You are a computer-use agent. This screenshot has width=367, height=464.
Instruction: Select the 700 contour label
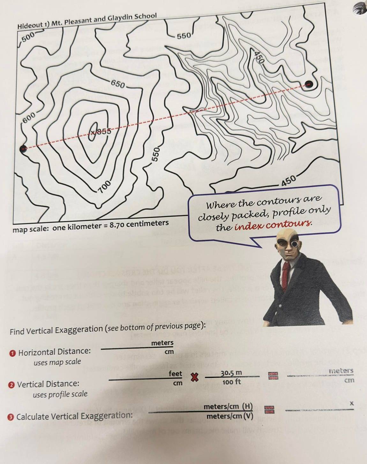104,187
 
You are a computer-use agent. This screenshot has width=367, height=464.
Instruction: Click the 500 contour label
28,38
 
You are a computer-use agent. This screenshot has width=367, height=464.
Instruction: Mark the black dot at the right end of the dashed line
309,84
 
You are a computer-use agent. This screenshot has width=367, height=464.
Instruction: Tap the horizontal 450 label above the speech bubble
288,180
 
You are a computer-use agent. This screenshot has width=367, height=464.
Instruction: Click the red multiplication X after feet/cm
193,378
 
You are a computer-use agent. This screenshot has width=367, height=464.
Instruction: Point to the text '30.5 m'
231,373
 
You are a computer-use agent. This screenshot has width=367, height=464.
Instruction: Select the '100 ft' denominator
231,382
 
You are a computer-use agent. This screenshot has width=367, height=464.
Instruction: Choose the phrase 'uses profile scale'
60,394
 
